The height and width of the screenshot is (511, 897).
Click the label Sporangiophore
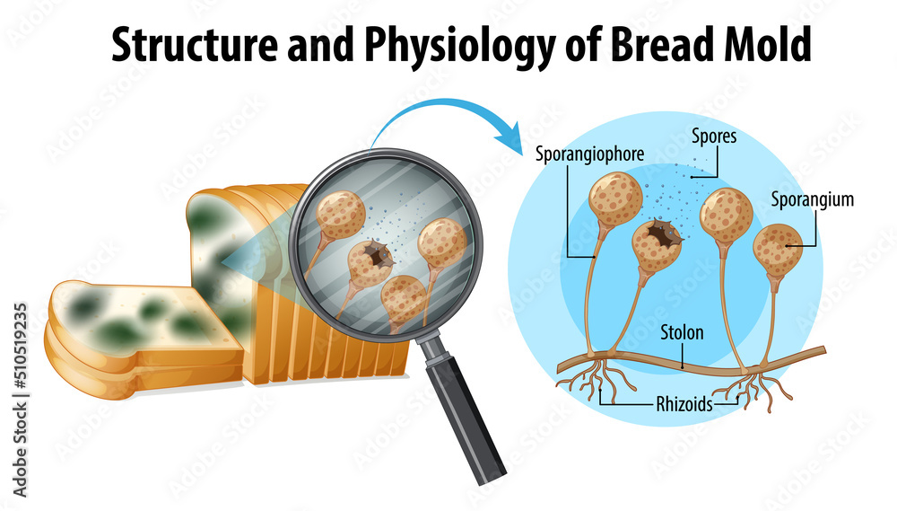point(589,154)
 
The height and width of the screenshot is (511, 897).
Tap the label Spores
point(713,137)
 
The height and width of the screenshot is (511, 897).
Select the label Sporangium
point(812,199)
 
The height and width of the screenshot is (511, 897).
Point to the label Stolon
point(682,332)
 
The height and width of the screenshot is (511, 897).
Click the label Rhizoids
point(684,404)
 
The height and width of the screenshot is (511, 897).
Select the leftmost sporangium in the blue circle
point(615,198)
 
